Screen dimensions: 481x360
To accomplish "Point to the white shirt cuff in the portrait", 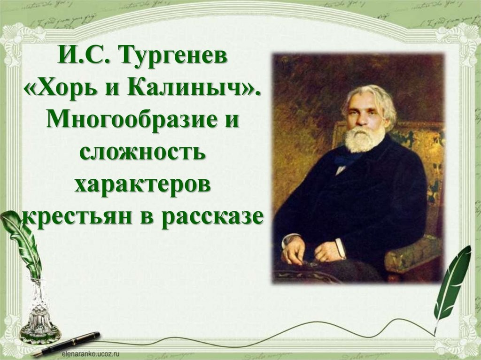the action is tap(340, 248).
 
